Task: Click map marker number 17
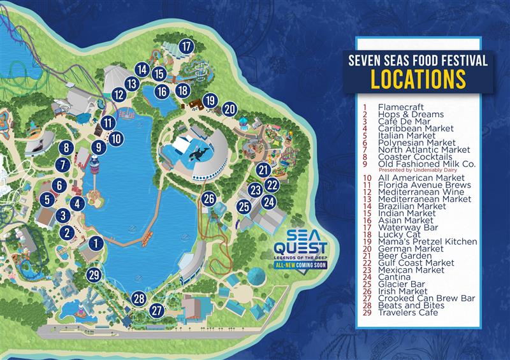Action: pos(186,46)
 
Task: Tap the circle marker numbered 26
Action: pos(208,199)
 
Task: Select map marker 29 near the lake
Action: pos(94,275)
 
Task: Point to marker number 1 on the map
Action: pos(96,242)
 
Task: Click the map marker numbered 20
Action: pos(230,109)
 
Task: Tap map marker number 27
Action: pos(157,310)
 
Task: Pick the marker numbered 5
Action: pos(47,199)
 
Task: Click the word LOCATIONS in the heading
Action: pos(418,79)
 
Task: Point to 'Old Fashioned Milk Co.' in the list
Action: pos(419,163)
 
